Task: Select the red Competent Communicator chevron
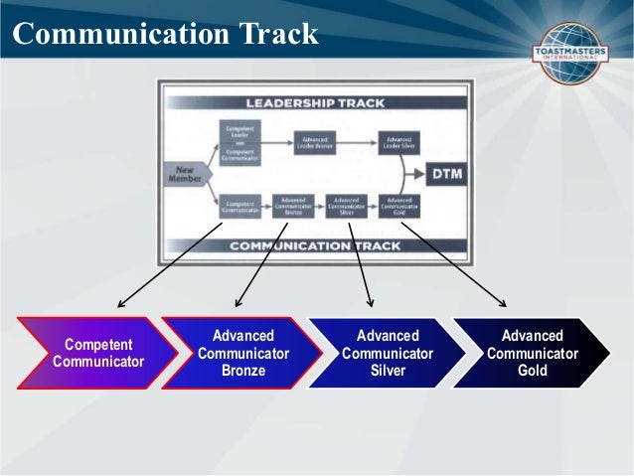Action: click(94, 352)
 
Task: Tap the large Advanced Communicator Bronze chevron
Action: click(241, 352)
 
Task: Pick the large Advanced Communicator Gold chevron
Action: click(531, 352)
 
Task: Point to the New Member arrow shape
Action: click(183, 176)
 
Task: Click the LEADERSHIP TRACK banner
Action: click(316, 101)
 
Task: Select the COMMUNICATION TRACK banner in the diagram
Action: click(316, 244)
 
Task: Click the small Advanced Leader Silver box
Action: click(398, 142)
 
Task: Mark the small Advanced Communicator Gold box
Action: click(398, 206)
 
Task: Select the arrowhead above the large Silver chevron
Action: click(370, 303)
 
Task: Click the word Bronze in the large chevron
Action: click(243, 371)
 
